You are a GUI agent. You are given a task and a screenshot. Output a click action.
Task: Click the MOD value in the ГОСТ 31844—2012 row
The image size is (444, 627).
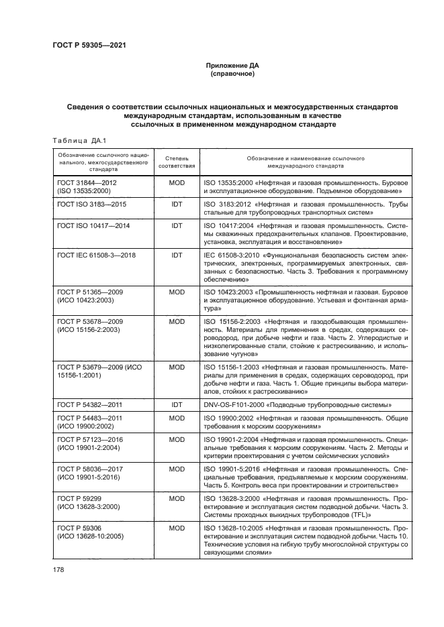tap(177, 182)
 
